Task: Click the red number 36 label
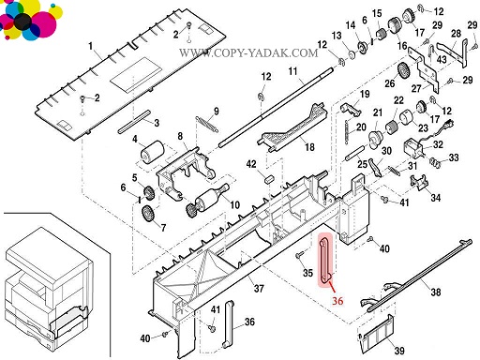pos(337,301)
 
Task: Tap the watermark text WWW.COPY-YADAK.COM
pos(248,52)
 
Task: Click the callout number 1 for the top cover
pos(91,46)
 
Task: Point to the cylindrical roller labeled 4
pos(152,152)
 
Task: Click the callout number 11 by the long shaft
pos(292,71)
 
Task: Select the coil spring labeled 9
pos(206,124)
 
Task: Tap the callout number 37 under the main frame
pos(259,288)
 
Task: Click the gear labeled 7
pos(147,214)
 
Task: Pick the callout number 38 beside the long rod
pos(436,292)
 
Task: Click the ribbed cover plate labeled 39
pos(376,334)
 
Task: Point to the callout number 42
pos(251,164)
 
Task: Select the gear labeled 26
pos(403,71)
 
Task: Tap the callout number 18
pos(309,146)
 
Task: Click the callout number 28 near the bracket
pos(456,33)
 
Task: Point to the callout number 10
pos(234,205)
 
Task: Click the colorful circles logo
pos(30,20)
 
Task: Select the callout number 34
pos(436,198)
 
